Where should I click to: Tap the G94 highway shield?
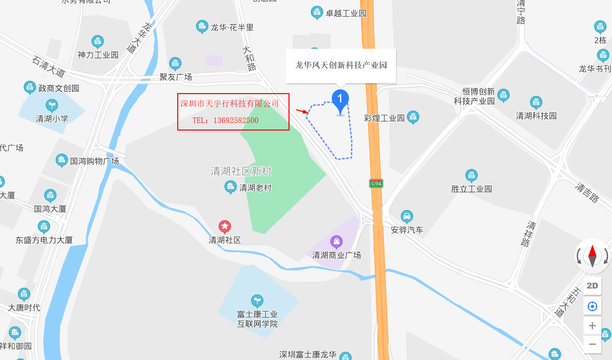[x=376, y=183]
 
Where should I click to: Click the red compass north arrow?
[x=592, y=251]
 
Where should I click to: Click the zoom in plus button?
[x=592, y=326]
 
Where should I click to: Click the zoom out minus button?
[x=592, y=344]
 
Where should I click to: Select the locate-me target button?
[x=592, y=306]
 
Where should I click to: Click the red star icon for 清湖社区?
[x=225, y=226]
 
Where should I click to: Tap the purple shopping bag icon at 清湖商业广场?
[x=336, y=241]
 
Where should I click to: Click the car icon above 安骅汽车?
[x=407, y=216]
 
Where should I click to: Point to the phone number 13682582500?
[x=236, y=120]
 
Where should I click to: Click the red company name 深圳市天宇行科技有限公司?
[x=229, y=103]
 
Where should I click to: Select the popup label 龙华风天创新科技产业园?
[x=341, y=65]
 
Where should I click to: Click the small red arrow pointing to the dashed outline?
[x=302, y=111]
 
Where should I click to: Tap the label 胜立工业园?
[x=472, y=189]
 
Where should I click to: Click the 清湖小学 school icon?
[x=52, y=105]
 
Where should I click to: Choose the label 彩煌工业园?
[x=384, y=118]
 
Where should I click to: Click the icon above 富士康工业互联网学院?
[x=257, y=301]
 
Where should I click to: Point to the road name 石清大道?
[x=48, y=67]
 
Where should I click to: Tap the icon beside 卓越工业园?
[x=316, y=12]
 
